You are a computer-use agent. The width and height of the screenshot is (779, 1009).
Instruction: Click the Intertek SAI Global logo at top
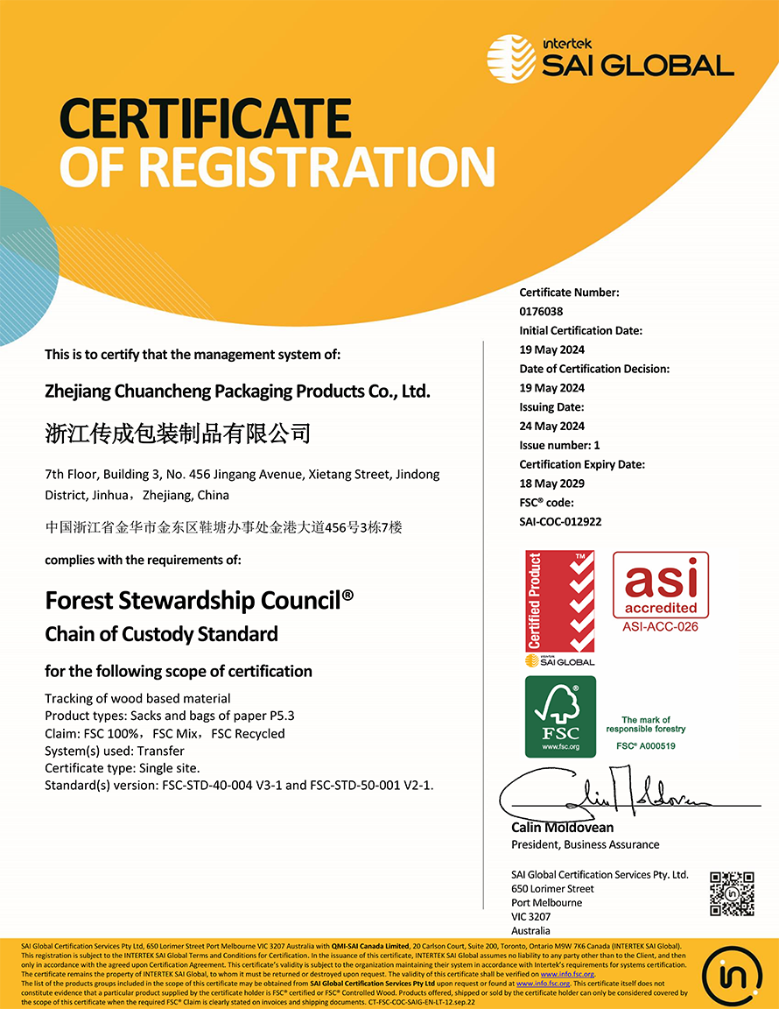coord(610,58)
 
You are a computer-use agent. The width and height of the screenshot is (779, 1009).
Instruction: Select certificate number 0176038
coord(541,312)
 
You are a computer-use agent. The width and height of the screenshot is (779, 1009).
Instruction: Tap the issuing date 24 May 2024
coord(551,427)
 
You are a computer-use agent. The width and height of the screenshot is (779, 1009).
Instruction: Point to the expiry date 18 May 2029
coord(551,483)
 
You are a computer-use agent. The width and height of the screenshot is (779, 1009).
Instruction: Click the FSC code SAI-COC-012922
coord(560,522)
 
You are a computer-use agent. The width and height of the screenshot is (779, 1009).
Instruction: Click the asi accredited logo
coord(660,585)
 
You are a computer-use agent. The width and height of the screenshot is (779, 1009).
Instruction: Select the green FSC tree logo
coord(560,716)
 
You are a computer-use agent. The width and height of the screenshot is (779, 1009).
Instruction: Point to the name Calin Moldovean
coord(562,828)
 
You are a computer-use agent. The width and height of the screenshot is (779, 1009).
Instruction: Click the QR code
coord(732,893)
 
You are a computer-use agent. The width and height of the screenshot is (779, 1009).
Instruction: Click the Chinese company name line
coord(178,433)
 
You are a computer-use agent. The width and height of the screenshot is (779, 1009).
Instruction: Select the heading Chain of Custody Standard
coord(161,634)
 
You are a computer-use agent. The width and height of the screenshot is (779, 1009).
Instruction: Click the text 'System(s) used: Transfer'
coord(115,751)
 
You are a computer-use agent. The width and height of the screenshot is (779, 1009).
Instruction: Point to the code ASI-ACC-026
coord(660,627)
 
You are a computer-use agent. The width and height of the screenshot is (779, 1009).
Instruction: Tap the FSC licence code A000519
coord(646,746)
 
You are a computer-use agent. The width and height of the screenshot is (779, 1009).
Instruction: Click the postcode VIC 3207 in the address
coord(530,917)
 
